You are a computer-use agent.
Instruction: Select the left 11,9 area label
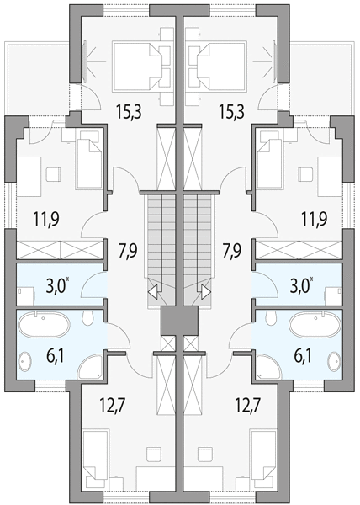tap(45, 220)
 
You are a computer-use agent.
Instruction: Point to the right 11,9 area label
tap(314, 220)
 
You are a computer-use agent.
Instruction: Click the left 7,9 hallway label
tap(128, 251)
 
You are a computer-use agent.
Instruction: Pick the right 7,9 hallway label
tap(232, 251)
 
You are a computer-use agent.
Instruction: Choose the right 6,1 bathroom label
tap(302, 357)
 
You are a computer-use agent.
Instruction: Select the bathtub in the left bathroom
tap(44, 324)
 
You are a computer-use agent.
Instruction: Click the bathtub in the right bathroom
tap(315, 324)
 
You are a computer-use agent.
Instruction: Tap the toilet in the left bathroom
tap(87, 318)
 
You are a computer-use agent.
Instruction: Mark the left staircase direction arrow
tap(153, 292)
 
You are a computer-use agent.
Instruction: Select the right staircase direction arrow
tap(206, 292)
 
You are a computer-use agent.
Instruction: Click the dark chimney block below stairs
tap(179, 321)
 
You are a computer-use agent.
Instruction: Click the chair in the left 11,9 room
tap(53, 174)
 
